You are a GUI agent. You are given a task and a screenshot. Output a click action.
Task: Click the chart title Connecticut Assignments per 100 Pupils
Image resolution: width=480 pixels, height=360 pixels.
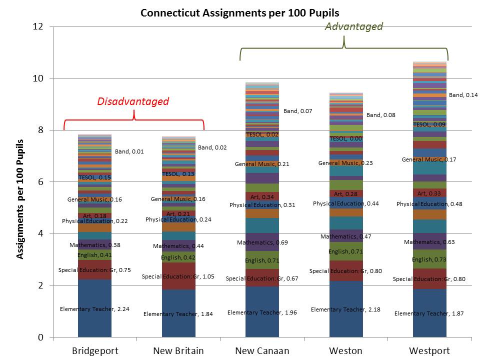tap(240, 12)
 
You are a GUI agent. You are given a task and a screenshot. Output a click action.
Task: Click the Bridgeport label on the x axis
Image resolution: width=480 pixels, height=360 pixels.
tap(95, 350)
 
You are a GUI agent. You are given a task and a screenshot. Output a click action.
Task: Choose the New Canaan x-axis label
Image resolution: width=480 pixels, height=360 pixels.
tap(262, 350)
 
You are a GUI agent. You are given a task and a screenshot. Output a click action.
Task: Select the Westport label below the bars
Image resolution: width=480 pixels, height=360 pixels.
tap(429, 350)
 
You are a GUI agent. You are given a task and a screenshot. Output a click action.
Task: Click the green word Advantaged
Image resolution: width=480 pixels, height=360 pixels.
tap(353, 26)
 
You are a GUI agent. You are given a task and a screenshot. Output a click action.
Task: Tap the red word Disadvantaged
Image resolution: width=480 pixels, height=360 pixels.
tap(133, 101)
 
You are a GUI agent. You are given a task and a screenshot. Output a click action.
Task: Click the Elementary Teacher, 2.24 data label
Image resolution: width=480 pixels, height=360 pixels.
tap(94, 309)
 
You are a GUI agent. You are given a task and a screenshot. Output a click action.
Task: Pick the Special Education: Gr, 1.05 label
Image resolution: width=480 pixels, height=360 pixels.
tap(178, 276)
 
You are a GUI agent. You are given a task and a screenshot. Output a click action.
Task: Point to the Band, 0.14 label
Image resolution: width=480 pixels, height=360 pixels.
tap(463, 95)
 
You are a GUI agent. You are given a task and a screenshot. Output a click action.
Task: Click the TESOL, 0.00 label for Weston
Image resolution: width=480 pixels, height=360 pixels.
tap(346, 138)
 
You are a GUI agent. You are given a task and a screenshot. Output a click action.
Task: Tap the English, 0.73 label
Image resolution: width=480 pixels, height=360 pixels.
tap(429, 259)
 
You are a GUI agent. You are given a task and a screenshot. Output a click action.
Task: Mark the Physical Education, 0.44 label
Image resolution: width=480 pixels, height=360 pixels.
tap(346, 203)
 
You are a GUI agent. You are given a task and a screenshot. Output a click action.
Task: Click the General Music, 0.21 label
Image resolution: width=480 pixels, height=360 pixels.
tap(262, 164)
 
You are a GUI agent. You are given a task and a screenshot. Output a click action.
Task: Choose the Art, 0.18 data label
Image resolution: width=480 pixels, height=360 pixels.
tap(94, 215)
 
